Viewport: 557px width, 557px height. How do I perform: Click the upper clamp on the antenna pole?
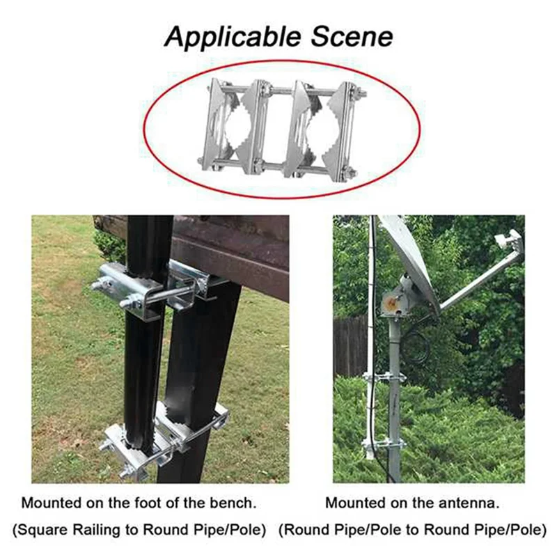pos(380,379)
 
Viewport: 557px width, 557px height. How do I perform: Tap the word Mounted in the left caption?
pos(50,502)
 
